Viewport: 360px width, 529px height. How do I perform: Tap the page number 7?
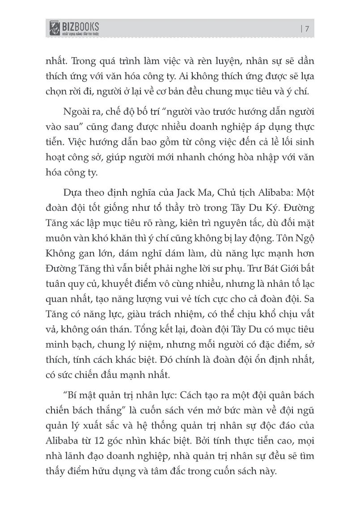point(307,29)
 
